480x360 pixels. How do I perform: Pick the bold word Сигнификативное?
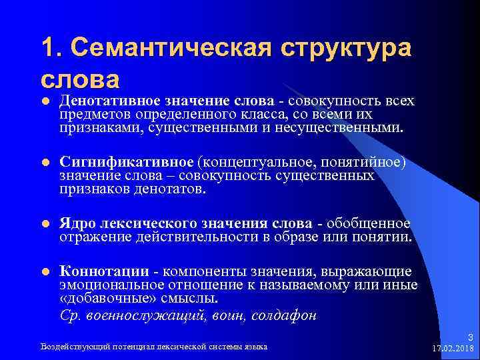tap(127, 163)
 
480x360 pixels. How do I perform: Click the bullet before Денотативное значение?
tap(45, 101)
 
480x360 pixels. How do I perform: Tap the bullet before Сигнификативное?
tap(45, 163)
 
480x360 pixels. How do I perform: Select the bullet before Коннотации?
tap(45, 272)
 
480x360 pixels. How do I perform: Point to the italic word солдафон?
tap(283, 316)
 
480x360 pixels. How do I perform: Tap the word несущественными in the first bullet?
tap(346, 127)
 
